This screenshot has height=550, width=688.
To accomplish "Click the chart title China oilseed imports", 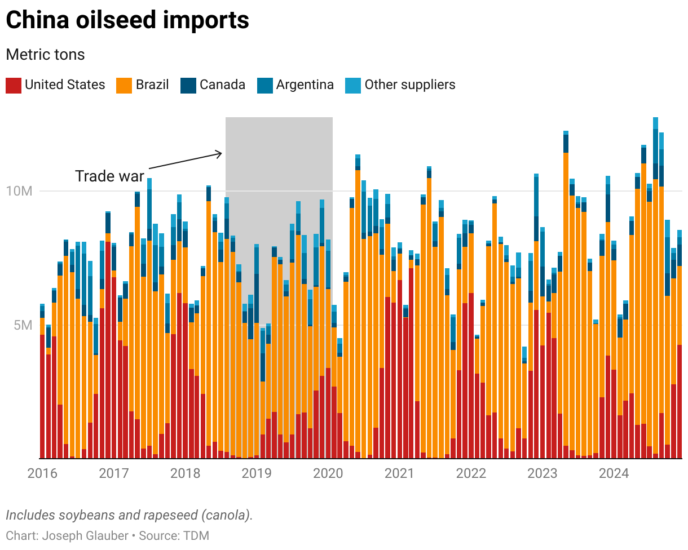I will (x=127, y=21).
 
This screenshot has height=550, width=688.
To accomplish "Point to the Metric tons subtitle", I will (x=45, y=55).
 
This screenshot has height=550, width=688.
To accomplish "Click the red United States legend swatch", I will (x=14, y=85).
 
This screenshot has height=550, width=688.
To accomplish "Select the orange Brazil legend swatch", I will (x=124, y=85).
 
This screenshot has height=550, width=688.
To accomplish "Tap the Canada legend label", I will (x=222, y=85).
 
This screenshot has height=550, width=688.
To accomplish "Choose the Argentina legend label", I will (x=305, y=85).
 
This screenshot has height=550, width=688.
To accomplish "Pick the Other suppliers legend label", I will (x=409, y=85).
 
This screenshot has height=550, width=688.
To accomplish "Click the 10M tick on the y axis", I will (x=20, y=191).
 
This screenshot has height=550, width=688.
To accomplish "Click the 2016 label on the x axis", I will (x=42, y=473).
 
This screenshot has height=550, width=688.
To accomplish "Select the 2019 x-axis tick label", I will (x=257, y=473).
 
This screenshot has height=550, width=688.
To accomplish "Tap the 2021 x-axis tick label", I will (x=399, y=473).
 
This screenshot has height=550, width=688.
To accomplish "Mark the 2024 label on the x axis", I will (x=614, y=473).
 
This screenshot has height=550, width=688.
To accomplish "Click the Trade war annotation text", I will (x=110, y=176).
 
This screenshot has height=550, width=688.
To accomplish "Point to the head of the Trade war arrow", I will (x=222, y=153).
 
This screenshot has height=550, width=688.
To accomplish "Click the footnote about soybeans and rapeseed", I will (x=129, y=515).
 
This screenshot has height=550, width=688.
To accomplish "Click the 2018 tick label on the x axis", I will (x=185, y=473).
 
